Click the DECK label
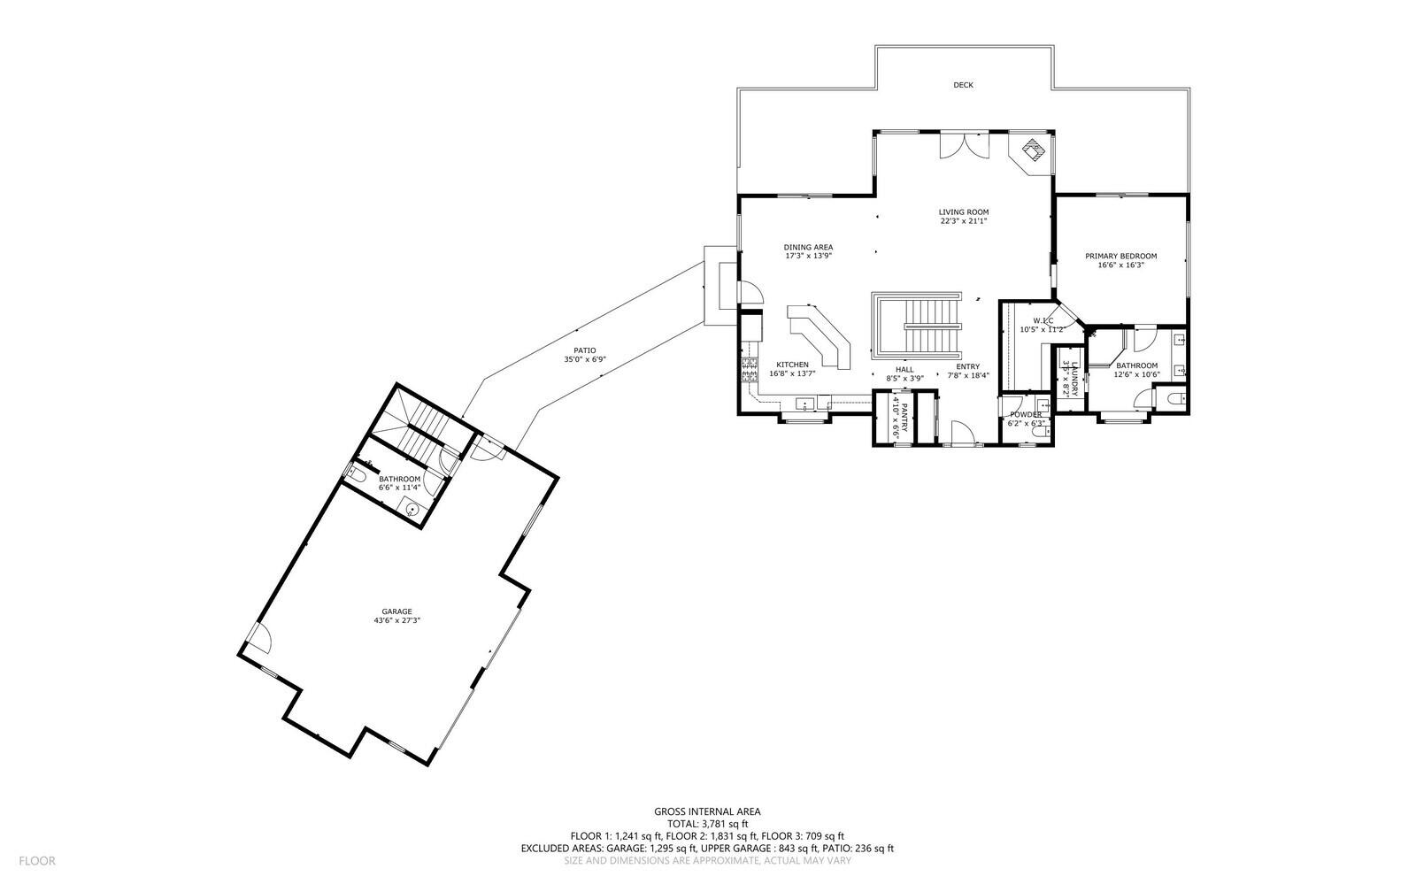(963, 85)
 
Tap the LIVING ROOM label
(963, 211)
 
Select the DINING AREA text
(807, 247)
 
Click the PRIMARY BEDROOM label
(1120, 256)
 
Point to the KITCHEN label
(792, 365)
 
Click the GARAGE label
(396, 611)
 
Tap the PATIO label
(584, 350)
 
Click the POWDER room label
(1025, 414)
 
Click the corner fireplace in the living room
(1030, 150)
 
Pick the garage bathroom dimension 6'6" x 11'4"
(399, 488)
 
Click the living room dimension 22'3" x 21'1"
(963, 221)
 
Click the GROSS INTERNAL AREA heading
(706, 811)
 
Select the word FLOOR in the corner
(37, 860)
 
